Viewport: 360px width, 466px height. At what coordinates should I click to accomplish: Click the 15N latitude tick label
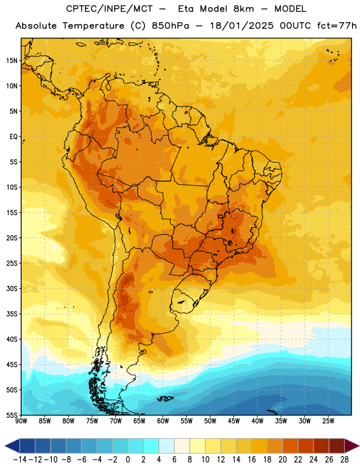coord(12,61)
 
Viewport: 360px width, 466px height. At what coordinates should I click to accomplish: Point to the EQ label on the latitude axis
coord(13,137)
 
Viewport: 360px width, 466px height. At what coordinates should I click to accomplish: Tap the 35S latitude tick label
coord(12,314)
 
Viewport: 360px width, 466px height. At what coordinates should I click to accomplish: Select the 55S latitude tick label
coord(12,415)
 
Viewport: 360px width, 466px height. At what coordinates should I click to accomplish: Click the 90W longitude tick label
coord(21,421)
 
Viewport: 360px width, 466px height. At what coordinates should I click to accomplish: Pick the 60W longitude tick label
coord(163,421)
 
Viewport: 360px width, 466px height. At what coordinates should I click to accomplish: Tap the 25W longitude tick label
coord(329,421)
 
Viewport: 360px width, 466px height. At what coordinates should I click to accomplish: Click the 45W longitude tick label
coord(234,421)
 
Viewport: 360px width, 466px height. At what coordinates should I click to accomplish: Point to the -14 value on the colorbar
coord(20,460)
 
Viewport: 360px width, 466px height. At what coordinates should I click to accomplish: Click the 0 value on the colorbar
coord(128,460)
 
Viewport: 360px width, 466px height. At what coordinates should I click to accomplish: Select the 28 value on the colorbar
coord(344,460)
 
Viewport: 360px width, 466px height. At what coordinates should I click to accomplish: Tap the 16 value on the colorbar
coord(252,460)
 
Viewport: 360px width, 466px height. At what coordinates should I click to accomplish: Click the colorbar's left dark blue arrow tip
coord(5,446)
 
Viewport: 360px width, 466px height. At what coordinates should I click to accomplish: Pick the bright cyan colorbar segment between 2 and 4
coord(151,446)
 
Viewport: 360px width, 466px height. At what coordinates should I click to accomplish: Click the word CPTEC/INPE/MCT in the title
coord(109,9)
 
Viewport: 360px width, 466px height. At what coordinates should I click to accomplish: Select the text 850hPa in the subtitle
coord(170,26)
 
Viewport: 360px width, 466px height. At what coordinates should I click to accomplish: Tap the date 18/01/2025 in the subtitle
coord(242,26)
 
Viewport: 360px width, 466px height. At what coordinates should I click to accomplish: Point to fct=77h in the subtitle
coord(337,26)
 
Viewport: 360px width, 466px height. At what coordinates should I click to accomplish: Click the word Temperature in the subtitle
coord(93,26)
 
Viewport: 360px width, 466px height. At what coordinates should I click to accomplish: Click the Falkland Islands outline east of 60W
coord(165,398)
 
